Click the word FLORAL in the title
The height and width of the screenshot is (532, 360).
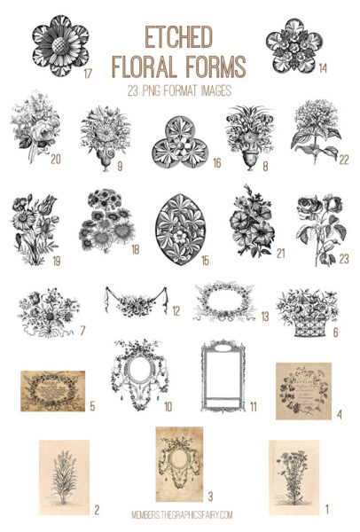[147, 65]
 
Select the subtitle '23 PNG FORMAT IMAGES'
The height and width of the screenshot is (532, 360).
[180, 89]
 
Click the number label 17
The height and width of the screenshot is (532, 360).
[88, 74]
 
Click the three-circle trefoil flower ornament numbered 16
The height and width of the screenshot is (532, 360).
[178, 141]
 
